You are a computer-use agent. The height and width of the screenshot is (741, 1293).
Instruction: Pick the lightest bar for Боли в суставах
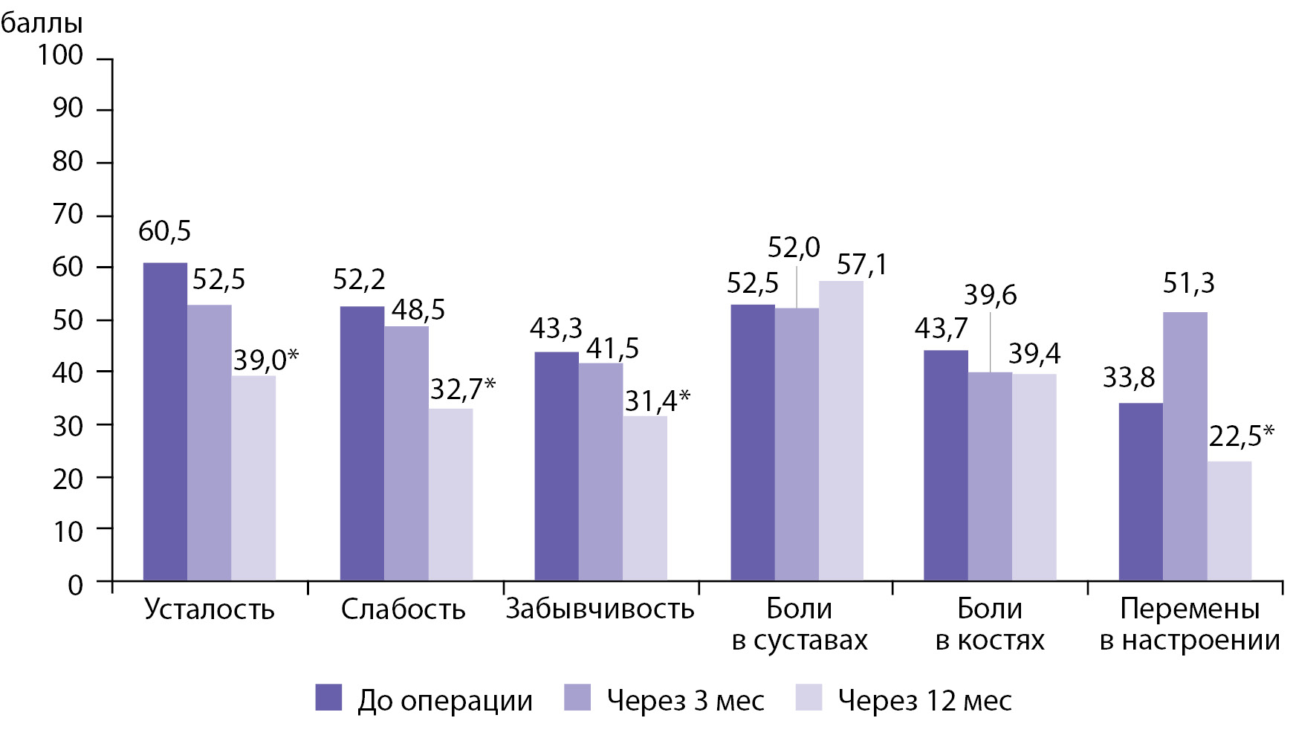click(x=841, y=430)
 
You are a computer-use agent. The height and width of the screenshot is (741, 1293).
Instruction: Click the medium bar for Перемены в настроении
click(x=1185, y=446)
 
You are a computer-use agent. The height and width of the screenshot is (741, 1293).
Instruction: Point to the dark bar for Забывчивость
click(x=557, y=466)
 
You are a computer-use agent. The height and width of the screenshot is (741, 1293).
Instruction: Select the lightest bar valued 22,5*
click(x=1229, y=521)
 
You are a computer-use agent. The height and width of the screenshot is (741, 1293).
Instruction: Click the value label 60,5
click(x=165, y=232)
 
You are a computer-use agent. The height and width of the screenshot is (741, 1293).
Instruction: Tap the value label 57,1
click(x=862, y=265)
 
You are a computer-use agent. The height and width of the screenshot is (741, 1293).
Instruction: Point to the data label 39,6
click(x=991, y=295)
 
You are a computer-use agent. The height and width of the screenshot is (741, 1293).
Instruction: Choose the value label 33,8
click(x=1129, y=378)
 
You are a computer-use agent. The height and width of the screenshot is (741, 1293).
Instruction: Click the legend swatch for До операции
click(x=328, y=698)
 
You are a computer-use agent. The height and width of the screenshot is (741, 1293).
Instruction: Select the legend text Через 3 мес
click(x=685, y=700)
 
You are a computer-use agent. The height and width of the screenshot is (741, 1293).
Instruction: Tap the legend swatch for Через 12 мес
click(x=808, y=698)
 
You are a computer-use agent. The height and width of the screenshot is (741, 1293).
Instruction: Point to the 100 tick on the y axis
click(x=61, y=55)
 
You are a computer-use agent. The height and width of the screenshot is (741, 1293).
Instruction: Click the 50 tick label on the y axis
click(x=67, y=320)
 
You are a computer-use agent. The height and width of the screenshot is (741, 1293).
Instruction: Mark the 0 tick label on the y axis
click(x=75, y=585)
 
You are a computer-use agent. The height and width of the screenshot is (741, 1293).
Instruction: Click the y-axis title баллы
click(x=42, y=24)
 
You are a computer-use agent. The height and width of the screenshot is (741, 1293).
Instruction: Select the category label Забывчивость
click(x=600, y=609)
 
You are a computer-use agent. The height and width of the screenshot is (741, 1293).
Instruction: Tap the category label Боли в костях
click(x=990, y=624)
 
